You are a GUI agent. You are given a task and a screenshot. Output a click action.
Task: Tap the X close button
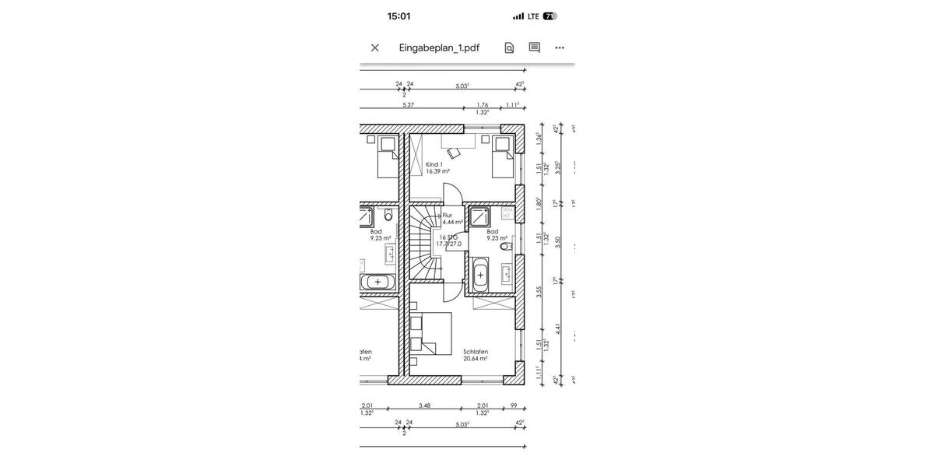[x=375, y=47]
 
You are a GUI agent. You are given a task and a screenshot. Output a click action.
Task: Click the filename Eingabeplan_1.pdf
[x=439, y=47]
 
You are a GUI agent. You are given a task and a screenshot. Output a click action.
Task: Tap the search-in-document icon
[x=509, y=47]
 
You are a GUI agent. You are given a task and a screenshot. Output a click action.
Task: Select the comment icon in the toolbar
[x=535, y=47]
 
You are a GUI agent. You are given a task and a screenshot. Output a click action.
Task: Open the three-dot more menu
[x=560, y=47]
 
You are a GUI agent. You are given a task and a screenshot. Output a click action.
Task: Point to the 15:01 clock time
[x=399, y=16]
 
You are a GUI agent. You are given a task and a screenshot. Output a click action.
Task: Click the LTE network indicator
[x=533, y=16]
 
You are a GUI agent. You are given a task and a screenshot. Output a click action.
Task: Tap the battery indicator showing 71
[x=550, y=16]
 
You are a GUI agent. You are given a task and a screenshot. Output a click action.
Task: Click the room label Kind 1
[x=434, y=165]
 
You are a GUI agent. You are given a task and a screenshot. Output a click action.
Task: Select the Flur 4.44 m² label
[x=452, y=219]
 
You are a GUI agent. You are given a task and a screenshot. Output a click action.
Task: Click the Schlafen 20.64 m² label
[x=476, y=355]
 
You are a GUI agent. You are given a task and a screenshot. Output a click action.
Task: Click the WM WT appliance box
[x=507, y=212]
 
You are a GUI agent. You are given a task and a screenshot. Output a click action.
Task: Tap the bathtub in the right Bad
[x=480, y=275]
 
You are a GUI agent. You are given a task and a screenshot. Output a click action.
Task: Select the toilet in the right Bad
[x=505, y=247]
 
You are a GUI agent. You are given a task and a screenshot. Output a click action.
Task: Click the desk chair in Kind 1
[x=453, y=153]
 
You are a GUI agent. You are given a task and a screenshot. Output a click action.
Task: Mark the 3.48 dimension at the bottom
[x=424, y=406]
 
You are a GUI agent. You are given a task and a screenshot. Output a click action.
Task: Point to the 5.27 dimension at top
[x=408, y=105]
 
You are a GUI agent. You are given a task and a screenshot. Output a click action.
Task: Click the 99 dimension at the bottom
[x=514, y=406]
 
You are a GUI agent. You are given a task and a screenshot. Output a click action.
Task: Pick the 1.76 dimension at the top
[x=483, y=105]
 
